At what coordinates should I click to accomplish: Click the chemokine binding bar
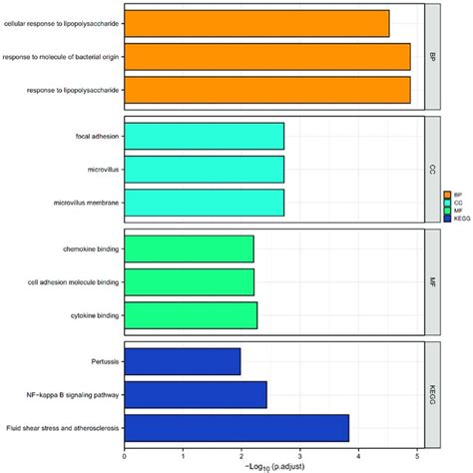(189, 248)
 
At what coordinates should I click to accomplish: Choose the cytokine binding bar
(191, 315)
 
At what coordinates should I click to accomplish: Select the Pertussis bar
(182, 361)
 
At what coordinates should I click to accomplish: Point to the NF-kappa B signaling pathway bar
(196, 395)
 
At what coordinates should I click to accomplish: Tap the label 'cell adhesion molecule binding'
(73, 282)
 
